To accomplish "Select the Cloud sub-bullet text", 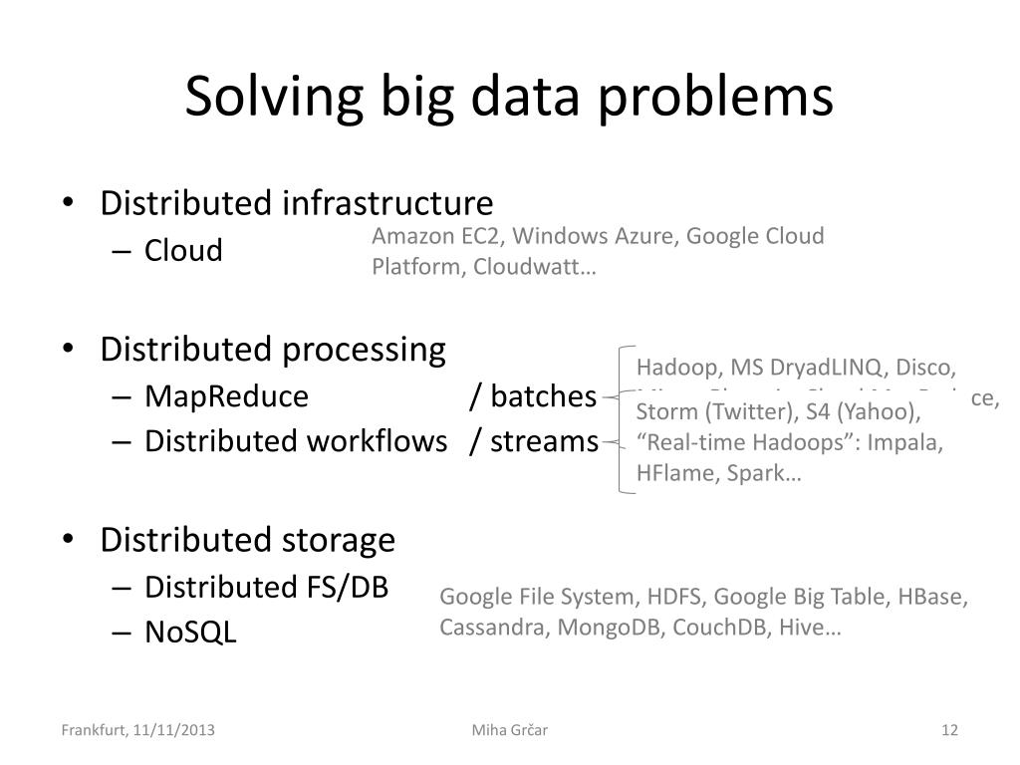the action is pos(183,250).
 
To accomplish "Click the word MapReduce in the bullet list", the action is pos(226,396).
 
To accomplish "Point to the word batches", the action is pos(543,396).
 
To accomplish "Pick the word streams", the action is pos(545,440).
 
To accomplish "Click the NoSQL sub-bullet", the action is pos(190,633).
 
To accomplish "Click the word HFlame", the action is pos(672,473).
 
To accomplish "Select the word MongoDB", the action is pos(611,629).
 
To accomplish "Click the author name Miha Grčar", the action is pos(510,730).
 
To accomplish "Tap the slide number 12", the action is pos(949,730).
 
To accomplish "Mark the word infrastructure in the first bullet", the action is pos(386,203).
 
